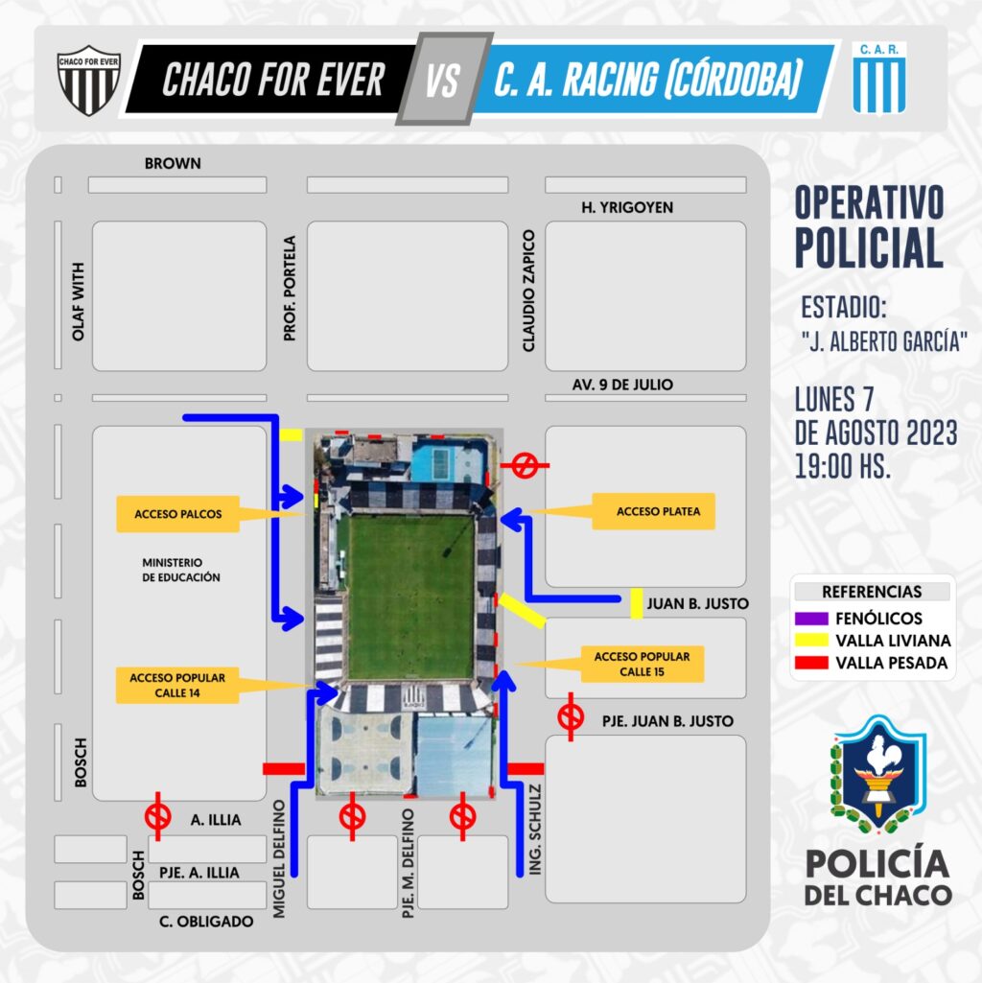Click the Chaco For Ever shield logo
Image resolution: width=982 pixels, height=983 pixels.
click(x=88, y=80)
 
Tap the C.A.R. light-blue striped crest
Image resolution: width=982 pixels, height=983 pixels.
click(x=878, y=77)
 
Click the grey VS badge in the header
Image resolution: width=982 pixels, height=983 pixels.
click(x=444, y=79)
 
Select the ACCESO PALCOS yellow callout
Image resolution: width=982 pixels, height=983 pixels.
click(x=178, y=514)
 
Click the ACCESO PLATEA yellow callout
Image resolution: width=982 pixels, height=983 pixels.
click(x=653, y=511)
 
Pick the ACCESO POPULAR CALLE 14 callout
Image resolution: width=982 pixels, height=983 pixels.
click(x=177, y=685)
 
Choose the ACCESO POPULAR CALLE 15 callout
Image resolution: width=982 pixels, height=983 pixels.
click(x=643, y=664)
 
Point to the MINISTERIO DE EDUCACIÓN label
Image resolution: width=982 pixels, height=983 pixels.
click(x=181, y=570)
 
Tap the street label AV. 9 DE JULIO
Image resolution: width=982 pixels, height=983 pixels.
click(x=622, y=385)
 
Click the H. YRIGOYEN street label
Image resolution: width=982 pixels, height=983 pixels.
click(x=627, y=207)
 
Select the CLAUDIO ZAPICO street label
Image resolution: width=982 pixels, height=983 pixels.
click(x=528, y=291)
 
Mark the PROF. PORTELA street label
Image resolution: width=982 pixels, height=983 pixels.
click(x=289, y=289)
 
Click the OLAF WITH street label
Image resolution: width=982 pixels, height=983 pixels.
click(x=78, y=301)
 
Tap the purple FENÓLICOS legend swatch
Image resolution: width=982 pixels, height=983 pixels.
click(x=811, y=619)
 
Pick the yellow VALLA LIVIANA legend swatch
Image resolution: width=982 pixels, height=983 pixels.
click(x=811, y=640)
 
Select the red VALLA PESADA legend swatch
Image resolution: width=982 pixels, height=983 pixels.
click(x=811, y=663)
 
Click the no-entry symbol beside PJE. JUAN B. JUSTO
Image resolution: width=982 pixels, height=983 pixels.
click(x=571, y=717)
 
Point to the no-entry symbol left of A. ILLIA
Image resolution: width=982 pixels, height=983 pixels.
click(x=157, y=816)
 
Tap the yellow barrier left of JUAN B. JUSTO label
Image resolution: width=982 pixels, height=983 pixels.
click(x=637, y=604)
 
